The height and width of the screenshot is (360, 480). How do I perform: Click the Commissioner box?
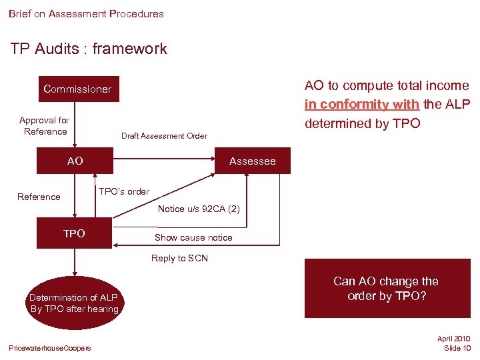point(77,89)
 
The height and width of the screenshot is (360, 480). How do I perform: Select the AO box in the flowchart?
point(75,161)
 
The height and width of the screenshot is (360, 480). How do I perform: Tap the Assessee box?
point(252,161)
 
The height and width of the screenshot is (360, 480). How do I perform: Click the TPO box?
point(75,234)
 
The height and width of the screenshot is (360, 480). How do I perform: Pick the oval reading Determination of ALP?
point(74,303)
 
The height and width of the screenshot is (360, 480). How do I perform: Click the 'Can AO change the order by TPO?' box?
point(387,289)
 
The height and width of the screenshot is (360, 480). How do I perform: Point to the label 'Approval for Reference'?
point(45,126)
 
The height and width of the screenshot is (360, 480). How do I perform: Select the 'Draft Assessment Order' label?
point(164,136)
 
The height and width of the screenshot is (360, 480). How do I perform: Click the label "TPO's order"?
point(124,192)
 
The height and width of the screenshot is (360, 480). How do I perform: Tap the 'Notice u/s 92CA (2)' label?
point(199,209)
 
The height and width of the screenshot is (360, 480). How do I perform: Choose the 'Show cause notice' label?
point(193,237)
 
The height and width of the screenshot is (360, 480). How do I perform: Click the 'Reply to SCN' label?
point(179,259)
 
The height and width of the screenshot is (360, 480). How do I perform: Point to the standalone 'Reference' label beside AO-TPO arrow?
point(39,197)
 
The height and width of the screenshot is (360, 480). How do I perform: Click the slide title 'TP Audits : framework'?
point(89,49)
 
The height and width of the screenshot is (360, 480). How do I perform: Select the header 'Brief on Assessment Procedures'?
point(86,13)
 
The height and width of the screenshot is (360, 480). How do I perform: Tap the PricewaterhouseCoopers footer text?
point(50,348)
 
